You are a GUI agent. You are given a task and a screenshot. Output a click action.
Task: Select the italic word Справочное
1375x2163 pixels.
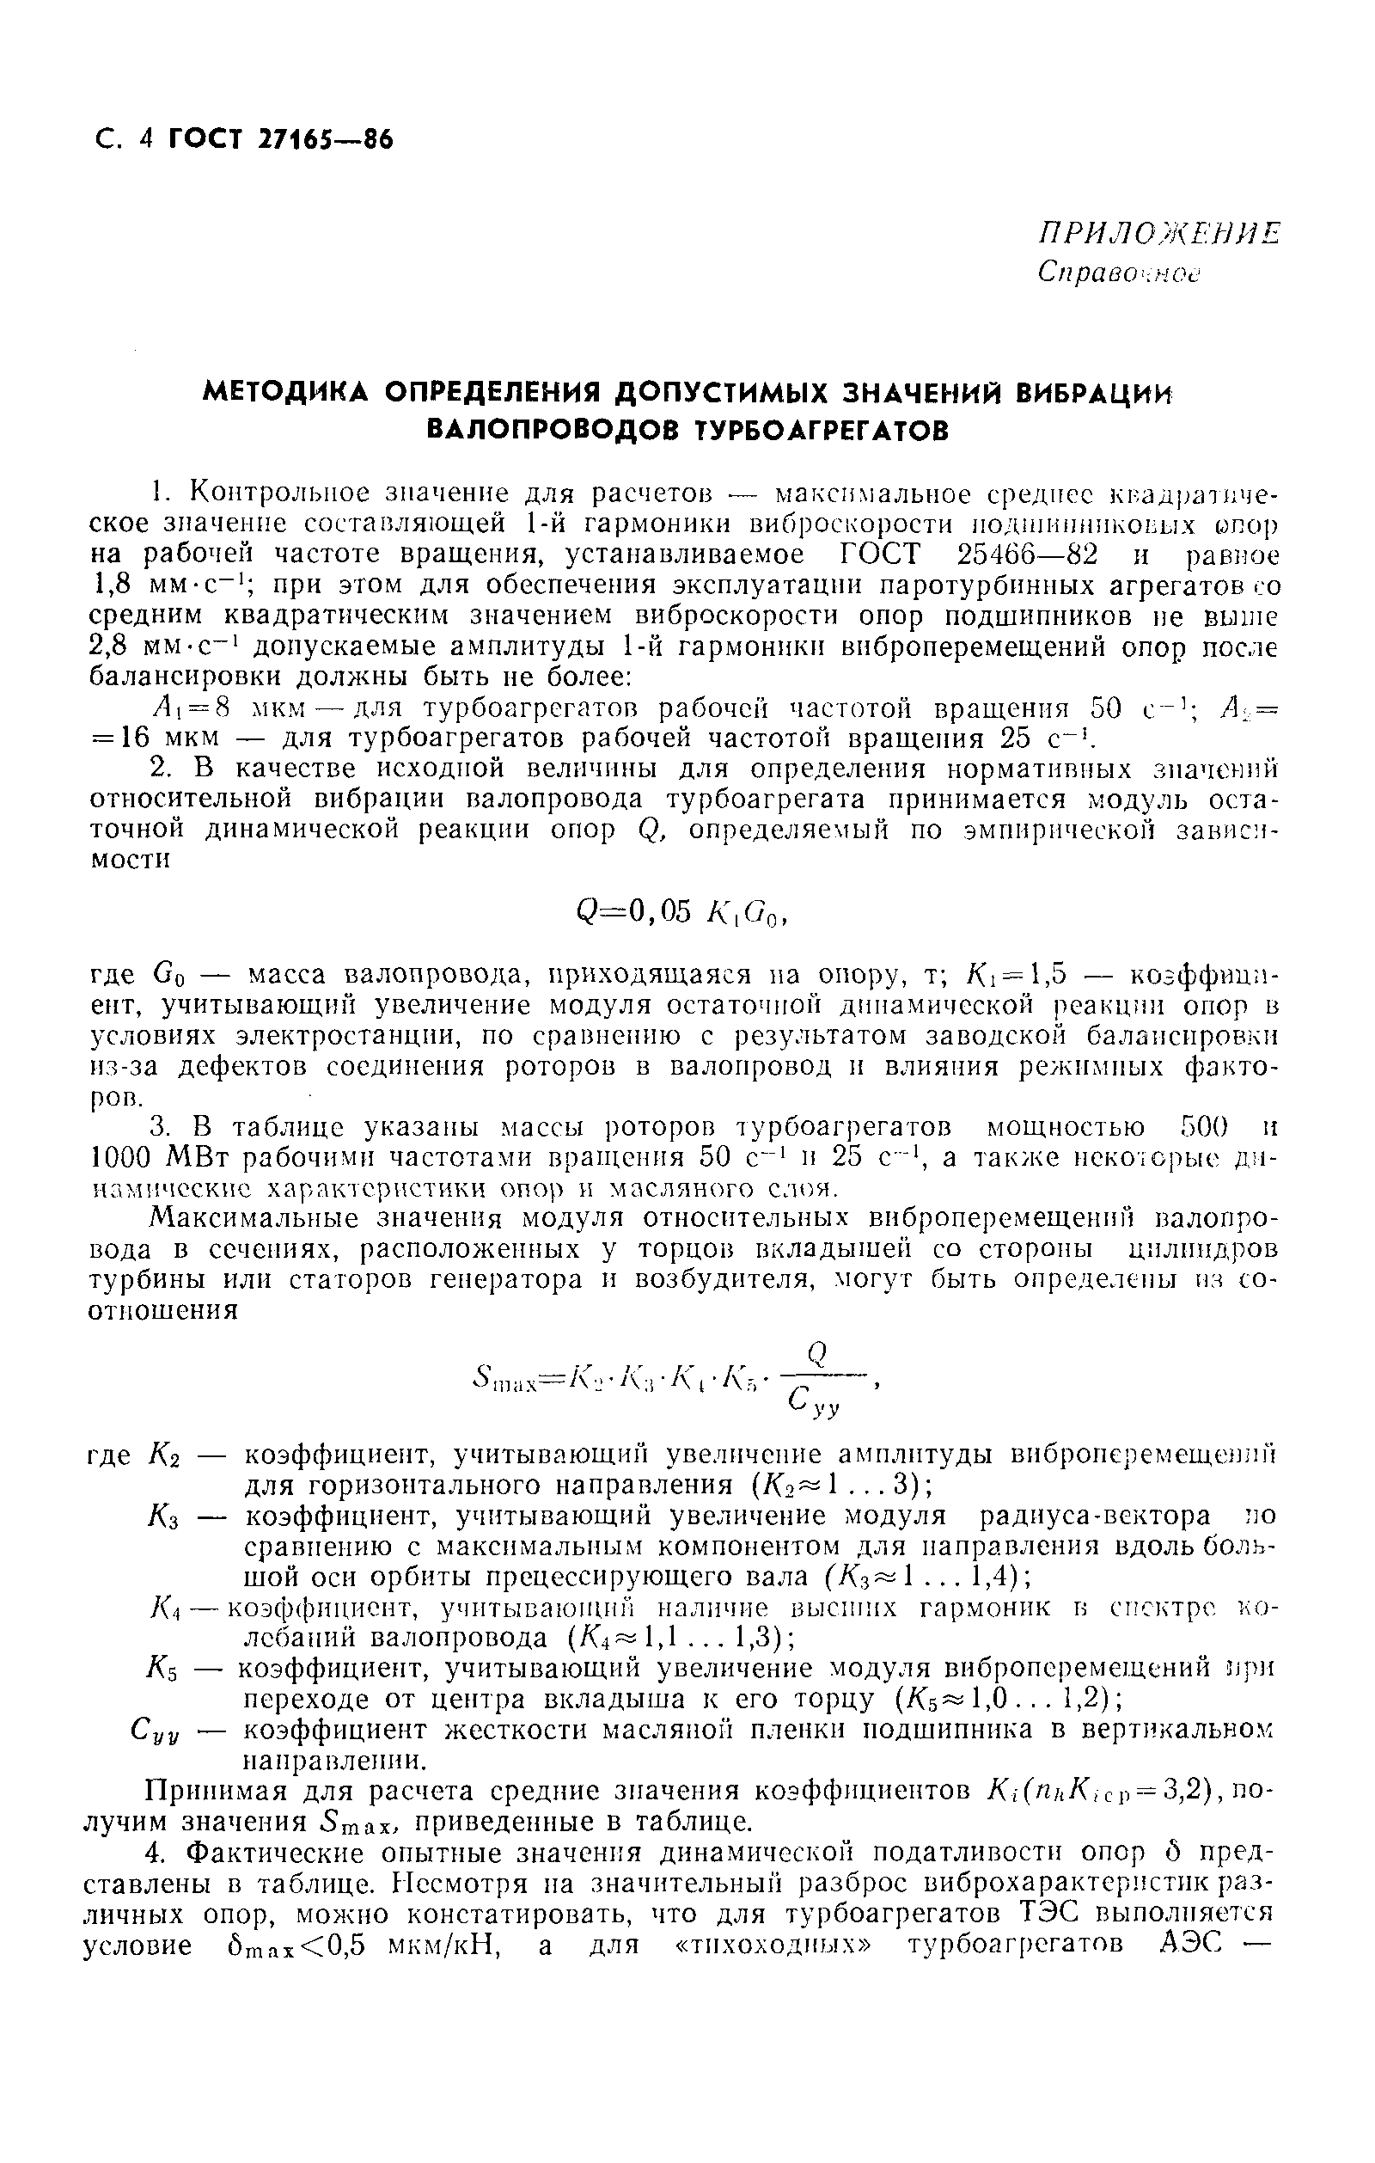tap(1118, 273)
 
